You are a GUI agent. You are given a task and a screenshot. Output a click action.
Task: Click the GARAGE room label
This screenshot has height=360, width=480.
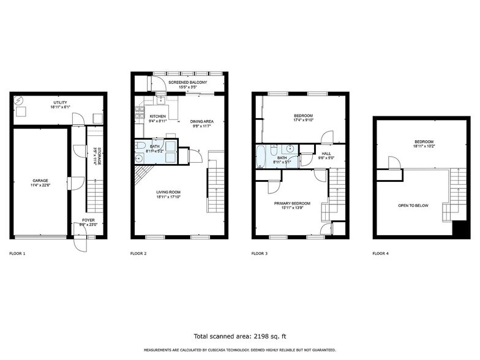coord(40,181)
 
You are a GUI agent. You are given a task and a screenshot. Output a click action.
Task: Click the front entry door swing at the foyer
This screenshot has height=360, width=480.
coord(80,244)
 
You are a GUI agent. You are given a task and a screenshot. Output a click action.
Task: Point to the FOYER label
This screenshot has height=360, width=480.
coord(79,222)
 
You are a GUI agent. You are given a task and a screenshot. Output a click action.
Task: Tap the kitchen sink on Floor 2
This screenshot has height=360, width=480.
coord(160,102)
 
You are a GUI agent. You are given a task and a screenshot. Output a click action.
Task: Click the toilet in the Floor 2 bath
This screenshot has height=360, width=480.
coord(140,146)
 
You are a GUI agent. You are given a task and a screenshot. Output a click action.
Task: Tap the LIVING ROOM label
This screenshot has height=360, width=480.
coord(168,192)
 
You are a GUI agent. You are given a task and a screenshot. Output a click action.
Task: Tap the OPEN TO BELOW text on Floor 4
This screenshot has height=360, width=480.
coord(411,206)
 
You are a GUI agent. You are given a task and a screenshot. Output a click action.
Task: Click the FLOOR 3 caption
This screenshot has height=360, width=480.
coord(260,253)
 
